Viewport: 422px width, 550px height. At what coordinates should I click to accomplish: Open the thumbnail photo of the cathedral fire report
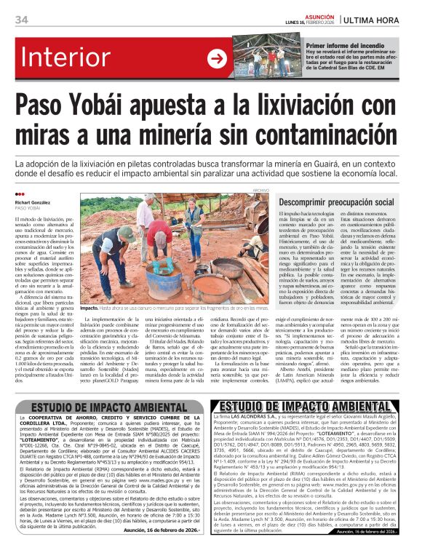point(258,59)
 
